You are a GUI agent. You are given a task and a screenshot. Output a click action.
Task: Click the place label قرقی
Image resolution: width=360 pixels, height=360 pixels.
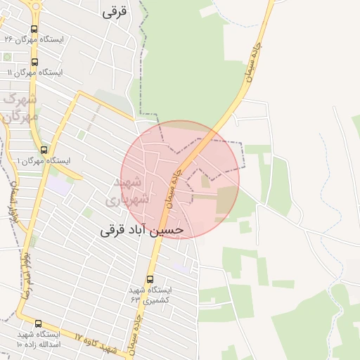coord(116,12)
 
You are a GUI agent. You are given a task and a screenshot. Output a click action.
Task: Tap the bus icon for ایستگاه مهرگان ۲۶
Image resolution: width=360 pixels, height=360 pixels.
coord(34,30)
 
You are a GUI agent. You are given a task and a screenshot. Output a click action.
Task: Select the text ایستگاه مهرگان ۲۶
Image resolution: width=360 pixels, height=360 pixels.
coord(34,40)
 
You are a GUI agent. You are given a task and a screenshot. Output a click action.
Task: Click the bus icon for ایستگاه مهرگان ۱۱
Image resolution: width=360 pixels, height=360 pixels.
coord(34,62)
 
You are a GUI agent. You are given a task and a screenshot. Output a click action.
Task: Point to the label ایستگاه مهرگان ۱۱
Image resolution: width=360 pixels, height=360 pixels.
coord(34,72)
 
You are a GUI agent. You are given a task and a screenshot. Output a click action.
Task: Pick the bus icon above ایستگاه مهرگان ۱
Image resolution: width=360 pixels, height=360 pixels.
coord(44,150)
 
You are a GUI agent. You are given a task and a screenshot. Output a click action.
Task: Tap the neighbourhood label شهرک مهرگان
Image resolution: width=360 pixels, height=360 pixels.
coord(19,108)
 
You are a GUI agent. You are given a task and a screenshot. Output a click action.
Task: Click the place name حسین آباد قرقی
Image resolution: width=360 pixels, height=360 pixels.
coord(141,229)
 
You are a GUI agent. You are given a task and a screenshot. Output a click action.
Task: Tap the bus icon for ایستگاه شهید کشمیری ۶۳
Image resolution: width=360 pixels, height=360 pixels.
coord(150,278)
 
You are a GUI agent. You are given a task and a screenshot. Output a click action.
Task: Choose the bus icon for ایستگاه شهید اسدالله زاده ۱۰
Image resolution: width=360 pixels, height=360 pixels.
coord(38,324)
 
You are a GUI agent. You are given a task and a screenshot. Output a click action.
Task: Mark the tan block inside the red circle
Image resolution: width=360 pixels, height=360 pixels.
coord(226,200)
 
